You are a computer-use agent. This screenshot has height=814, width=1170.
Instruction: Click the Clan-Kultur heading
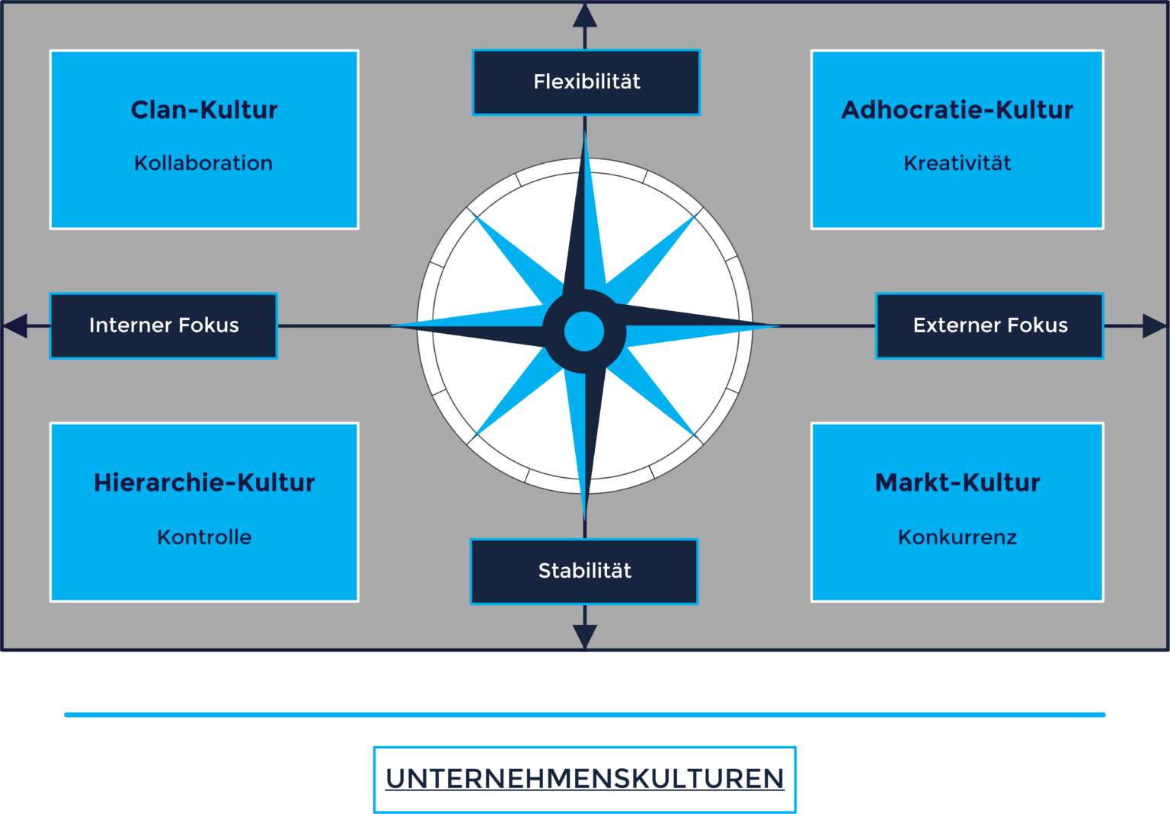tap(204, 110)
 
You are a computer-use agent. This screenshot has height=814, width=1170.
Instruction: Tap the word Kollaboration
tap(203, 163)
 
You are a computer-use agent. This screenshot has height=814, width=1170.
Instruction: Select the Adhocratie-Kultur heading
tap(957, 110)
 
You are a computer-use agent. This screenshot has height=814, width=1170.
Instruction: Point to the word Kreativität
tap(957, 163)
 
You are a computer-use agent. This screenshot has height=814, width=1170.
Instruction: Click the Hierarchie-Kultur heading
tap(204, 482)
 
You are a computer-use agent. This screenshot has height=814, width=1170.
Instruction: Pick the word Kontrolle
tap(204, 537)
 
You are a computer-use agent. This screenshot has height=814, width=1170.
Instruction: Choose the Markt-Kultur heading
tap(957, 482)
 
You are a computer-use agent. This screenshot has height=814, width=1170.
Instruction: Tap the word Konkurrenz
tap(957, 537)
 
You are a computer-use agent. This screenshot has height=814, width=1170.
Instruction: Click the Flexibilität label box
tap(586, 82)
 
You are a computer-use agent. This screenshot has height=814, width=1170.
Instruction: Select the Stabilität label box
tap(584, 572)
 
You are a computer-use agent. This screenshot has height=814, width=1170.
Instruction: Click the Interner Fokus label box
tap(164, 326)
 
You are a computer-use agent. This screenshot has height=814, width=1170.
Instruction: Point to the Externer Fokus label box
tap(989, 326)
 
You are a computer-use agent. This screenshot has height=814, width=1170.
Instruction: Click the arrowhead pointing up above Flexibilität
tap(585, 15)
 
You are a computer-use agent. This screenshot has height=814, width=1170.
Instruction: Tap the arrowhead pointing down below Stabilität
tap(585, 637)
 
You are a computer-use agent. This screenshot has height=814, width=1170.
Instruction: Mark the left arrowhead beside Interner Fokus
tap(15, 326)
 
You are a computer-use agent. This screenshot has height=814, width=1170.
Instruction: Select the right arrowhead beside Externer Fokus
tap(1154, 326)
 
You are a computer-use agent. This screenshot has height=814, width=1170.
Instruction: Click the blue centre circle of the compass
tap(584, 332)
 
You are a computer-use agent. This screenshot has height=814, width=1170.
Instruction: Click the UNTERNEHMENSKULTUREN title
tap(584, 779)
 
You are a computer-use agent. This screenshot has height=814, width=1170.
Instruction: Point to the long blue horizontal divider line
tap(584, 715)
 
